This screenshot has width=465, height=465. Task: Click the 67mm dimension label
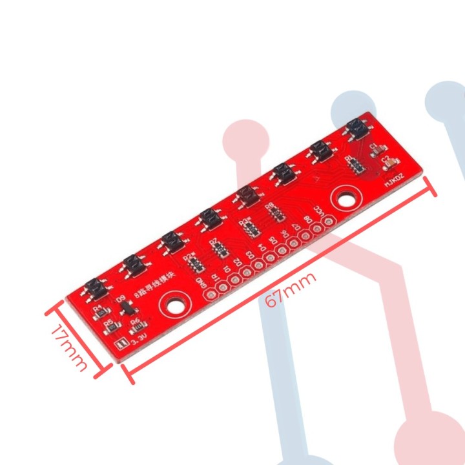click(x=291, y=288)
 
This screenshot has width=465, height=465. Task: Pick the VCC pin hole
click(x=329, y=222)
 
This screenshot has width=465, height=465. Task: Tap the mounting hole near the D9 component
click(x=175, y=302)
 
